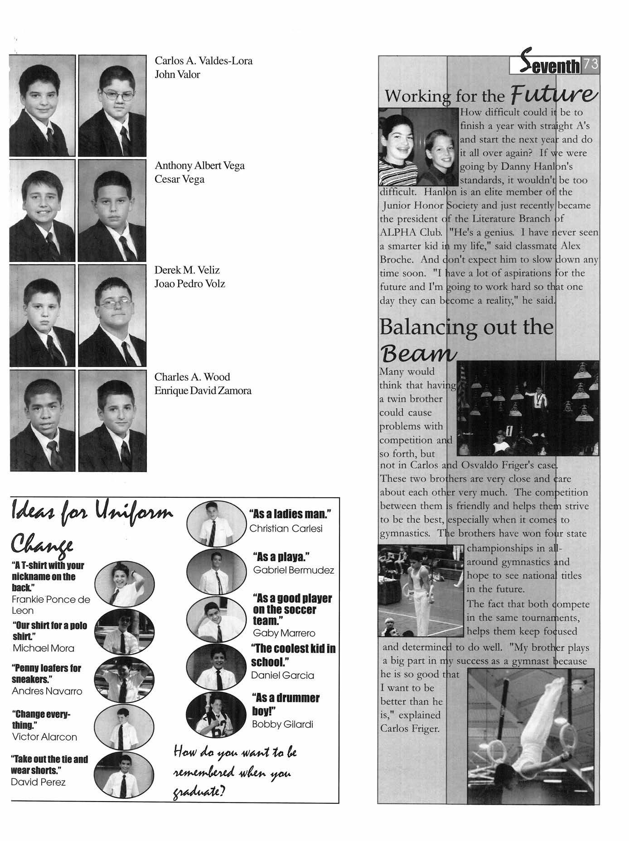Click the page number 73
tap(590, 65)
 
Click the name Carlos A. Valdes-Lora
tap(203, 61)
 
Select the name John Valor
tap(177, 75)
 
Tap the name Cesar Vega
tap(179, 179)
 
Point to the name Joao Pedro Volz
tap(189, 284)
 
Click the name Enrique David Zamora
tap(203, 391)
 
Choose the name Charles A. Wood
tap(192, 377)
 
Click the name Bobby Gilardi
tap(282, 724)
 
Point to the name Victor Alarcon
tap(44, 737)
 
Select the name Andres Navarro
tap(47, 691)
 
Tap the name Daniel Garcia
tap(282, 675)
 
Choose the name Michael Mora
tap(44, 648)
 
